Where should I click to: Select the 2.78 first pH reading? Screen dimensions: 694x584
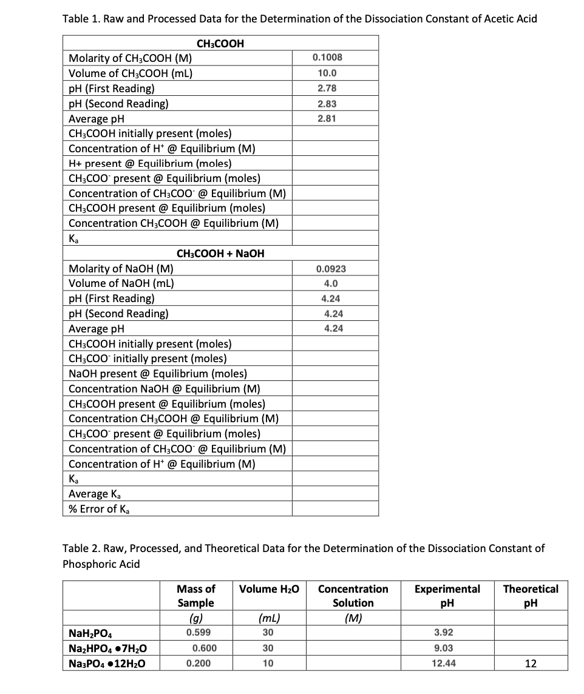pyautogui.click(x=327, y=89)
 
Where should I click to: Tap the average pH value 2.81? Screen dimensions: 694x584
pyautogui.click(x=327, y=118)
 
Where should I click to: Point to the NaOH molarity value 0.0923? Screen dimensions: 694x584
pyautogui.click(x=331, y=269)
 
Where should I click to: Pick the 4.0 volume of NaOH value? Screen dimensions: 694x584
pyautogui.click(x=331, y=283)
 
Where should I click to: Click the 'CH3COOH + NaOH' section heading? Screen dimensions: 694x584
pyautogui.click(x=220, y=254)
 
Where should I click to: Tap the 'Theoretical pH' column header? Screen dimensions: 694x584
pyautogui.click(x=531, y=596)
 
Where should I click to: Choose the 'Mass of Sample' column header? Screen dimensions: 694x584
pyautogui.click(x=195, y=596)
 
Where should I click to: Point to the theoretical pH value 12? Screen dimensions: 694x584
pyautogui.click(x=531, y=663)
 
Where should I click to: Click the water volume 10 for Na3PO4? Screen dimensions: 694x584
pyautogui.click(x=268, y=663)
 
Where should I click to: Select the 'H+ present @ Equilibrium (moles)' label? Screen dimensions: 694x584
pyautogui.click(x=150, y=163)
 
